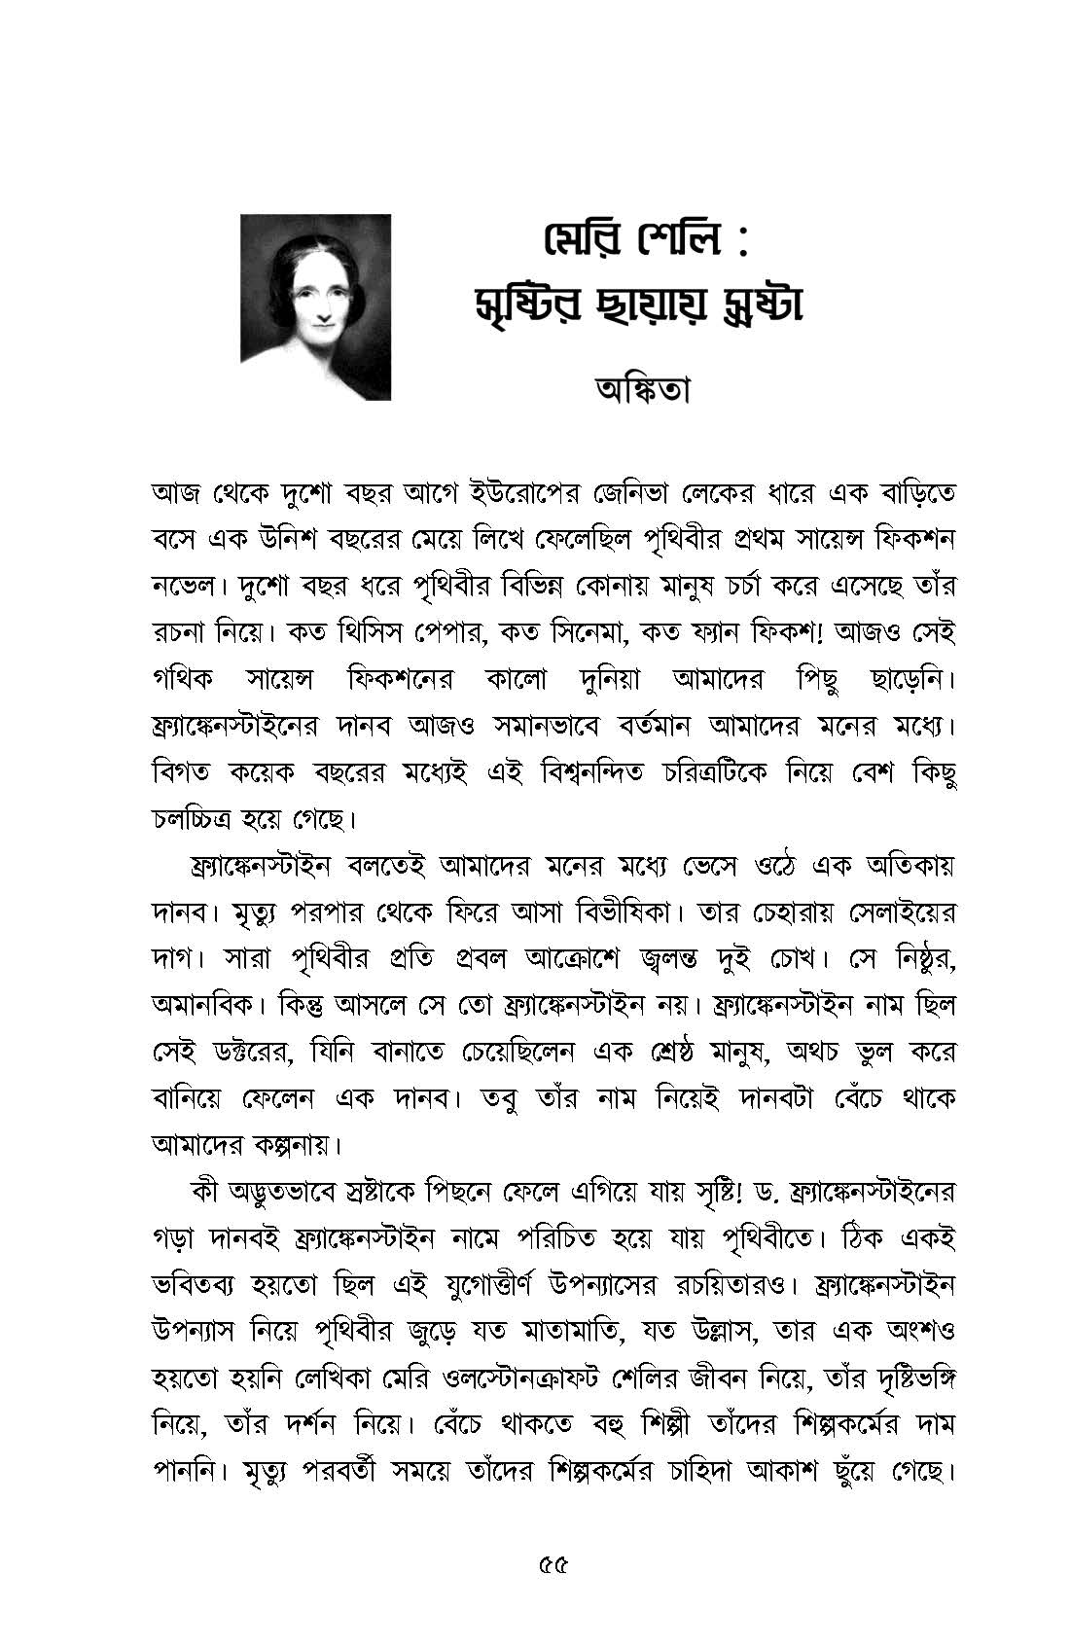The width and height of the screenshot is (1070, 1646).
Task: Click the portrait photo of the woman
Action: [316, 307]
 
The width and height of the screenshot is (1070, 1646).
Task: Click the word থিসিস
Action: [392, 633]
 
